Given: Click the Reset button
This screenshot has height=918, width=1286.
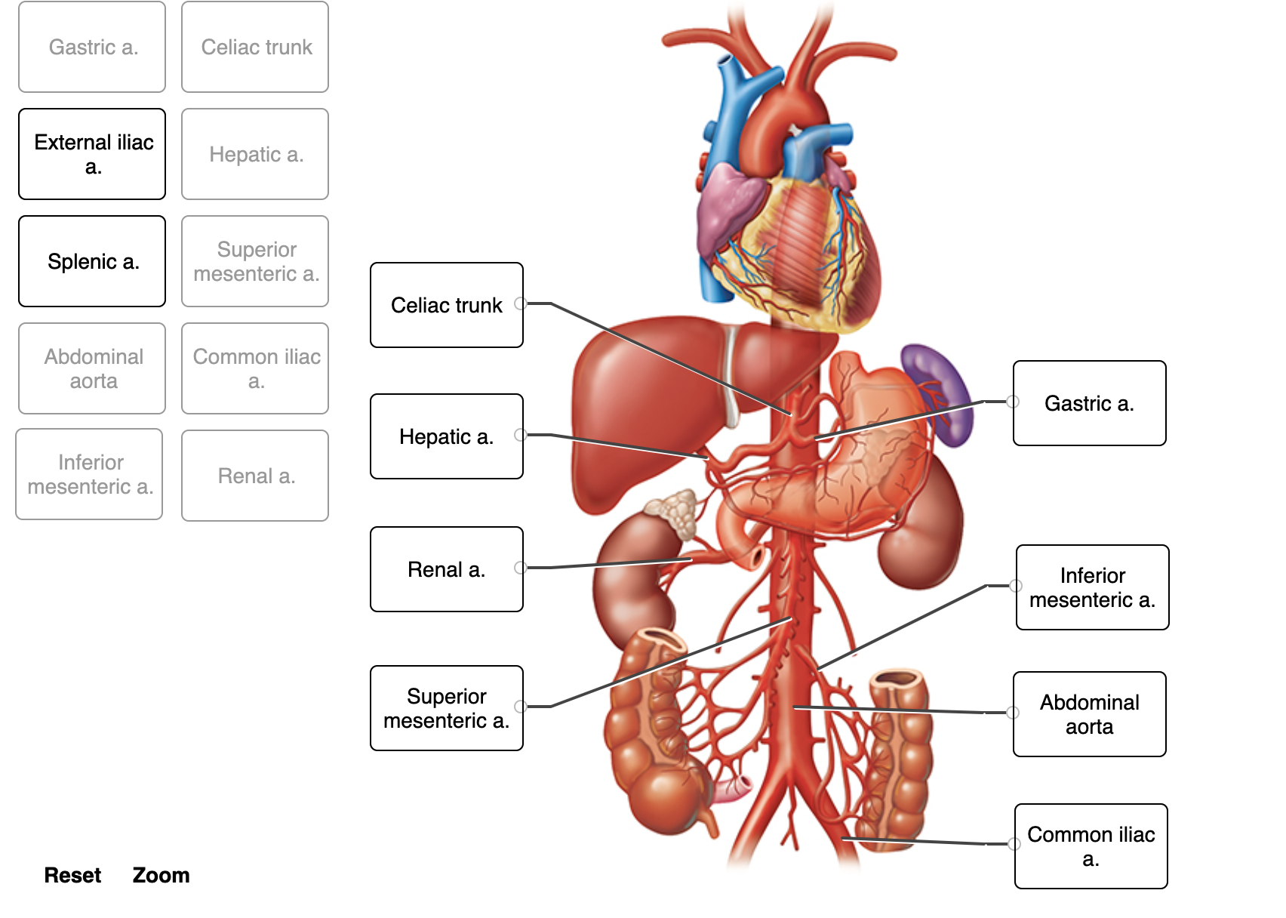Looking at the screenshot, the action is pyautogui.click(x=72, y=875).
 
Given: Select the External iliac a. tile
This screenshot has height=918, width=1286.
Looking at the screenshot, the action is pyautogui.click(x=92, y=154).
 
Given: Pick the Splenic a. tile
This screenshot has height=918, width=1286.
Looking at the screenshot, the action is pyautogui.click(x=92, y=261).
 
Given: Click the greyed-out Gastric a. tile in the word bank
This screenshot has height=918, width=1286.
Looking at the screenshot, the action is pyautogui.click(x=92, y=47).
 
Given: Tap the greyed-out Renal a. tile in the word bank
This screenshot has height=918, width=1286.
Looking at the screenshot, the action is pyautogui.click(x=255, y=476).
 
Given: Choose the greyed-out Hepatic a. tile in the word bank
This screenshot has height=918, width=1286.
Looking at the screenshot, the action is pyautogui.click(x=255, y=154).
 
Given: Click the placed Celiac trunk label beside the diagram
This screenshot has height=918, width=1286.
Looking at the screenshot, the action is pyautogui.click(x=446, y=305).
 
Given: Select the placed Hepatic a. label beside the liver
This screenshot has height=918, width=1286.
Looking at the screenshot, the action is pyautogui.click(x=446, y=436).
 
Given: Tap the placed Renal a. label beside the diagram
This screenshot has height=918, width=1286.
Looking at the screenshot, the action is pyautogui.click(x=446, y=569).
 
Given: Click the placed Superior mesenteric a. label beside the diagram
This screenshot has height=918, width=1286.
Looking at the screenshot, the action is pyautogui.click(x=446, y=708).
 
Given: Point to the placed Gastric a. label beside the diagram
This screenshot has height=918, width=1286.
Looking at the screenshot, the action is pyautogui.click(x=1089, y=403).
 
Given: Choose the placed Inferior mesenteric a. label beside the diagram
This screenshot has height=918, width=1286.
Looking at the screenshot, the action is pyautogui.click(x=1092, y=587).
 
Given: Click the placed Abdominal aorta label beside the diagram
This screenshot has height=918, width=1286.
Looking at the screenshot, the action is pyautogui.click(x=1089, y=714).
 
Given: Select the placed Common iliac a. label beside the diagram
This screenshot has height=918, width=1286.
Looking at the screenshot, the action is pyautogui.click(x=1091, y=846).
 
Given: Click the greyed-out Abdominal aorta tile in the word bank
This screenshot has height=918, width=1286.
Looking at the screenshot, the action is pyautogui.click(x=92, y=368).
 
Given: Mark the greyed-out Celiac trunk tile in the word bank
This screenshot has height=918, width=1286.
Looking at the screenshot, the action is pyautogui.click(x=255, y=47).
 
